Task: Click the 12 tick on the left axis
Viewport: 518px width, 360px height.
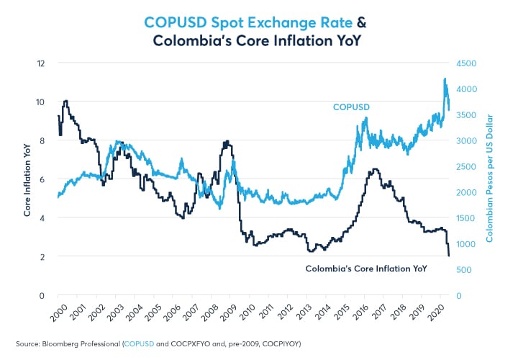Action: pyautogui.click(x=42, y=63)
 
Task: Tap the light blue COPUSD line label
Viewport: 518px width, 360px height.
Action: pyautogui.click(x=352, y=107)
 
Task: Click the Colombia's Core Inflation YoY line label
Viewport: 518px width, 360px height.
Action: pyautogui.click(x=366, y=268)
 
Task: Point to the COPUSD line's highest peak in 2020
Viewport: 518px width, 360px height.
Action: pyautogui.click(x=445, y=78)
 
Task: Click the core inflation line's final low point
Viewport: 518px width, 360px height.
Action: pyautogui.click(x=449, y=256)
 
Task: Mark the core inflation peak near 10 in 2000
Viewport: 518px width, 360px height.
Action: pyautogui.click(x=66, y=101)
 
